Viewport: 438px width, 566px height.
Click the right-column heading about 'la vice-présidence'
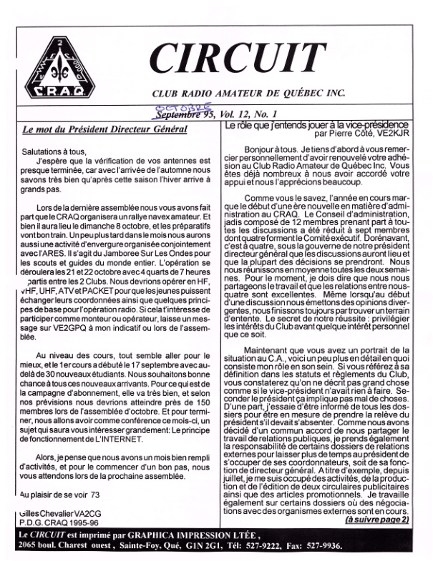[316, 125]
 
